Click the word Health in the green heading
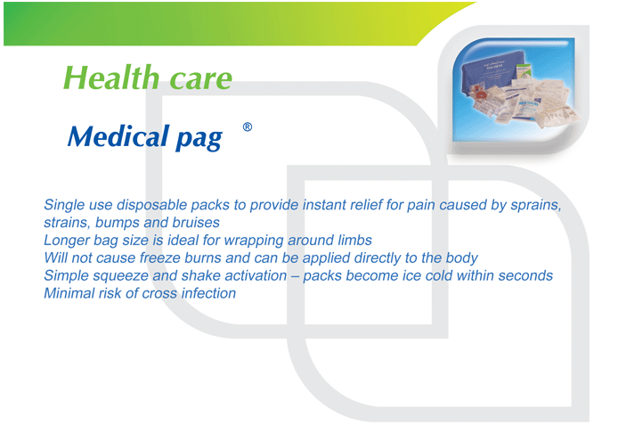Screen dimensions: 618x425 coord(110,78)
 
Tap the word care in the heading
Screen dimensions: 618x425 coord(200,79)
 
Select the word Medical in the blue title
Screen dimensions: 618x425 coord(118,136)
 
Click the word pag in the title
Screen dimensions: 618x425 coord(199,139)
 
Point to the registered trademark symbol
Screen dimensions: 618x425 coord(248,127)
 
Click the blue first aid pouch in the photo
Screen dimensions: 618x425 coord(492,75)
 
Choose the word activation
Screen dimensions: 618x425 coord(256,275)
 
